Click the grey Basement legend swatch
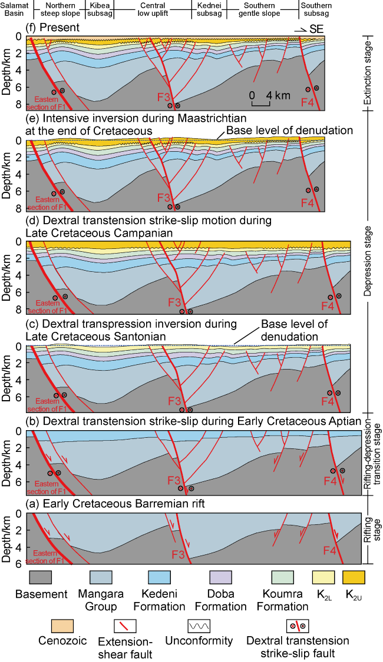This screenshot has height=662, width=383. point(37,579)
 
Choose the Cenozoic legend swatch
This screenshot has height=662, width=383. point(37,627)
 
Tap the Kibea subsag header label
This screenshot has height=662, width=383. point(100,11)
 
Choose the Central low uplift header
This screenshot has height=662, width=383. point(153,11)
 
